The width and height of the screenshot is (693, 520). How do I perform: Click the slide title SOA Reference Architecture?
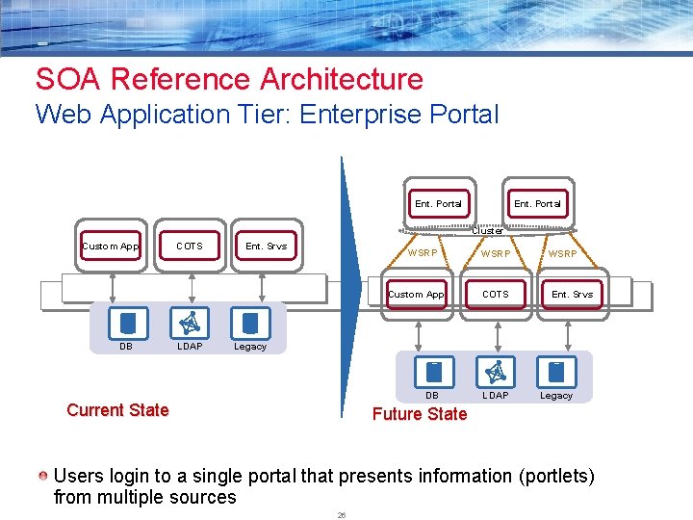(x=229, y=79)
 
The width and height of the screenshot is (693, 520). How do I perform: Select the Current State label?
(x=117, y=410)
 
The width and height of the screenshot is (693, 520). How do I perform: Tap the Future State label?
(x=419, y=414)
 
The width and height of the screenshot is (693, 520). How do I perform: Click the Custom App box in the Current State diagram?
(x=112, y=247)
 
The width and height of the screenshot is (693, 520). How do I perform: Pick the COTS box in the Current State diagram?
(x=190, y=247)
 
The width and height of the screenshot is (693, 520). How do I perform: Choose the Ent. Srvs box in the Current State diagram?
(x=266, y=247)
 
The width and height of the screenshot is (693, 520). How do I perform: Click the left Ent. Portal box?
(x=438, y=204)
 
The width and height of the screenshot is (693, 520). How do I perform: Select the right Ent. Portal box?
(x=537, y=204)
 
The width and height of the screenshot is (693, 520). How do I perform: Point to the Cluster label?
(x=487, y=231)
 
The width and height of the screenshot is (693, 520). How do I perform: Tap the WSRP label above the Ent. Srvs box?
(x=563, y=254)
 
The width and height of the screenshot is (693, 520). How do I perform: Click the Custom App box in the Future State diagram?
(x=417, y=295)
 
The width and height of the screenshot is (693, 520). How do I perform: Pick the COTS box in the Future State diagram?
(x=496, y=295)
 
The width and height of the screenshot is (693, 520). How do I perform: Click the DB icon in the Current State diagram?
(x=127, y=323)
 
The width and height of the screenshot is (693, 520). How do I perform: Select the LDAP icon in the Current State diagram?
(x=190, y=323)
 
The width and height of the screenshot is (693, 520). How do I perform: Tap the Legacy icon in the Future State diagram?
(x=555, y=371)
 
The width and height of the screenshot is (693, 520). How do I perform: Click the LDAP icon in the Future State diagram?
(x=496, y=371)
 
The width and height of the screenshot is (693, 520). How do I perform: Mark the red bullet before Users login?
(x=43, y=476)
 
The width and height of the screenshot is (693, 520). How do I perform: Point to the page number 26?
(x=341, y=515)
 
